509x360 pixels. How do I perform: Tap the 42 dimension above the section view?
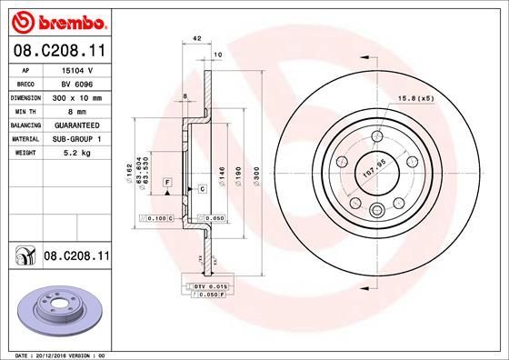click(x=196, y=37)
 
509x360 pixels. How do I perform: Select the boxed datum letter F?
click(x=167, y=183)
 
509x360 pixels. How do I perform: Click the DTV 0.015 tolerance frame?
click(x=210, y=286)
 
